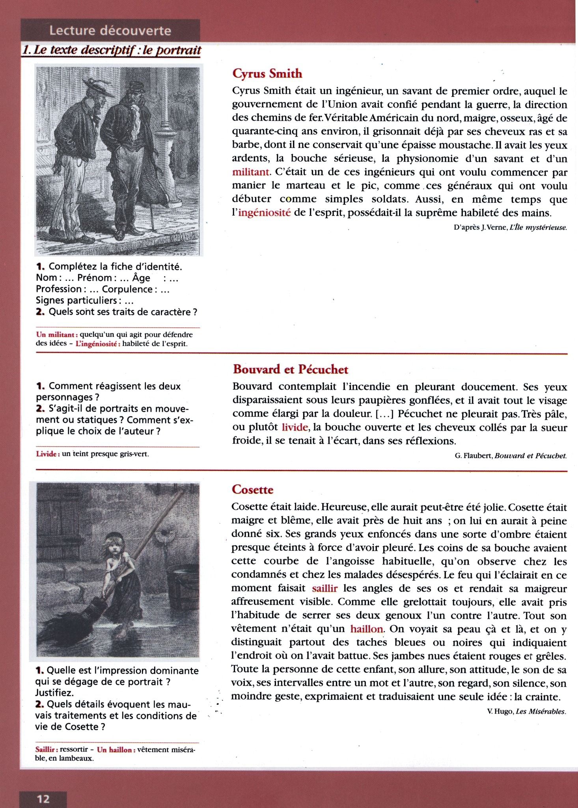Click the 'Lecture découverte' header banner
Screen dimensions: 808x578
(x=110, y=30)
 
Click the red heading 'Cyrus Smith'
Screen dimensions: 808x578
(x=267, y=73)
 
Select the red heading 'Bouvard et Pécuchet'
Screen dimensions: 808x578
(x=291, y=369)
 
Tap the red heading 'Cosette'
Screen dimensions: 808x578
(x=252, y=489)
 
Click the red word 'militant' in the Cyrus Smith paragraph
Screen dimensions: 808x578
(x=250, y=172)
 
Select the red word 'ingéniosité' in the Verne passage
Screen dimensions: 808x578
(x=264, y=213)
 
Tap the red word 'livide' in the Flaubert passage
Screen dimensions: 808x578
(x=295, y=427)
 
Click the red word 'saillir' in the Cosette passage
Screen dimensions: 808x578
(x=324, y=588)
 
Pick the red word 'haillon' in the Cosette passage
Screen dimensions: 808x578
(x=366, y=628)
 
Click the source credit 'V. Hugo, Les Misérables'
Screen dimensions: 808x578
(x=526, y=711)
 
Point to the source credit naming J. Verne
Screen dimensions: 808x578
(x=510, y=228)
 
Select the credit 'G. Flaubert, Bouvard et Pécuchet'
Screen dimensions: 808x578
(x=511, y=456)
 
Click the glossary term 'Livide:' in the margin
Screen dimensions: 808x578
(x=48, y=454)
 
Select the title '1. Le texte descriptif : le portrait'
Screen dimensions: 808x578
(x=112, y=50)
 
